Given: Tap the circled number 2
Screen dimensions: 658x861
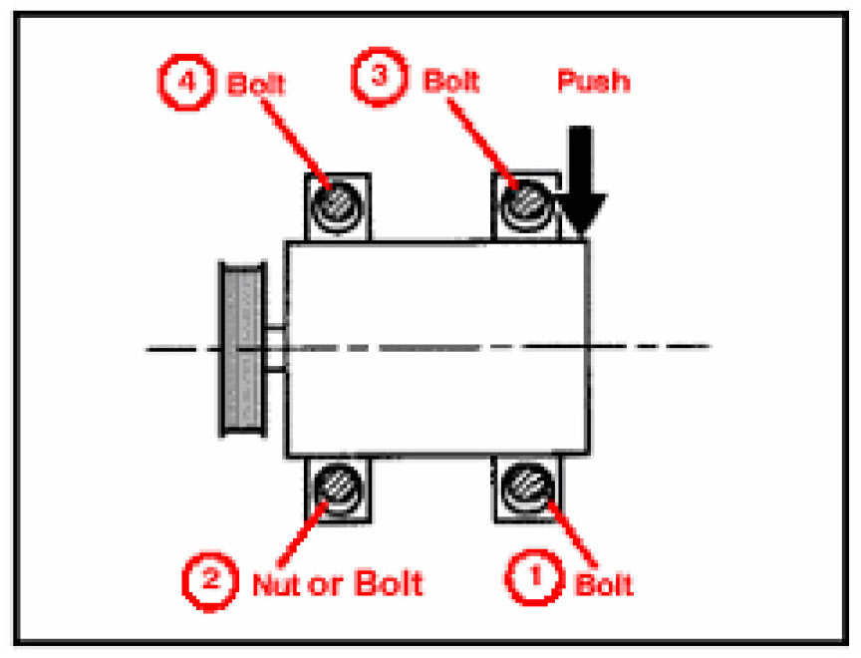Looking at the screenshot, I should (207, 578).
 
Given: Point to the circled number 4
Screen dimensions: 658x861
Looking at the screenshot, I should (185, 82).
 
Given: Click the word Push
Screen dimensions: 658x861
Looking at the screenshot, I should (593, 80).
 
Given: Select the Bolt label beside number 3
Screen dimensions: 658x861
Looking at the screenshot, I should (451, 80).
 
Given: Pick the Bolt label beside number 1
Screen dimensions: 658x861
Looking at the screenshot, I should (604, 582).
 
